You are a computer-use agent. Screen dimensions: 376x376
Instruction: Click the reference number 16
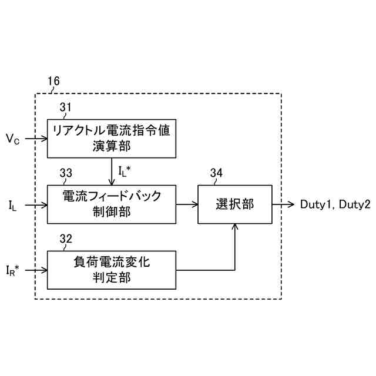tap(53, 82)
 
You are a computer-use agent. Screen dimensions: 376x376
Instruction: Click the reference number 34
tap(216, 173)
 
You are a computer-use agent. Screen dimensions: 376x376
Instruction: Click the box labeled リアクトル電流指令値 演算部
tap(112, 138)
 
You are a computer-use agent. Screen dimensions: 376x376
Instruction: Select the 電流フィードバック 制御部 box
tap(112, 204)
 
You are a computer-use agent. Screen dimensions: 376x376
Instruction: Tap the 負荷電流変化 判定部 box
tap(112, 270)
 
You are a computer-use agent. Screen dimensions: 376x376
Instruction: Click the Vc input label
tap(13, 139)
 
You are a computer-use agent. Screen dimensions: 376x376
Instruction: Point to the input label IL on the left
tap(12, 205)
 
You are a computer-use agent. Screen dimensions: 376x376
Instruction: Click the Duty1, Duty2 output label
tap(335, 204)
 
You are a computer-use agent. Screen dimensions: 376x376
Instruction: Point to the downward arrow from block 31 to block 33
tap(112, 171)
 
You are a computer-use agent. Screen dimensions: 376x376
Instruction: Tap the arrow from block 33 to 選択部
tap(187, 204)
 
